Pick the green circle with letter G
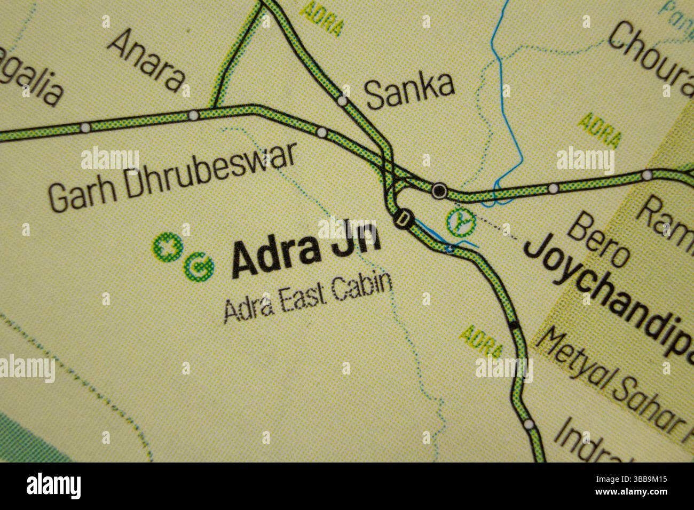click(198, 266)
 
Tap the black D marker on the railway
click(404, 218)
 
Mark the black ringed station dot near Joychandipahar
click(439, 190)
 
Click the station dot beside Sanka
click(343, 101)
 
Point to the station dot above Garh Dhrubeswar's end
click(321, 132)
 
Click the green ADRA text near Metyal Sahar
click(482, 341)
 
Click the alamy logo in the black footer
click(53, 486)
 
